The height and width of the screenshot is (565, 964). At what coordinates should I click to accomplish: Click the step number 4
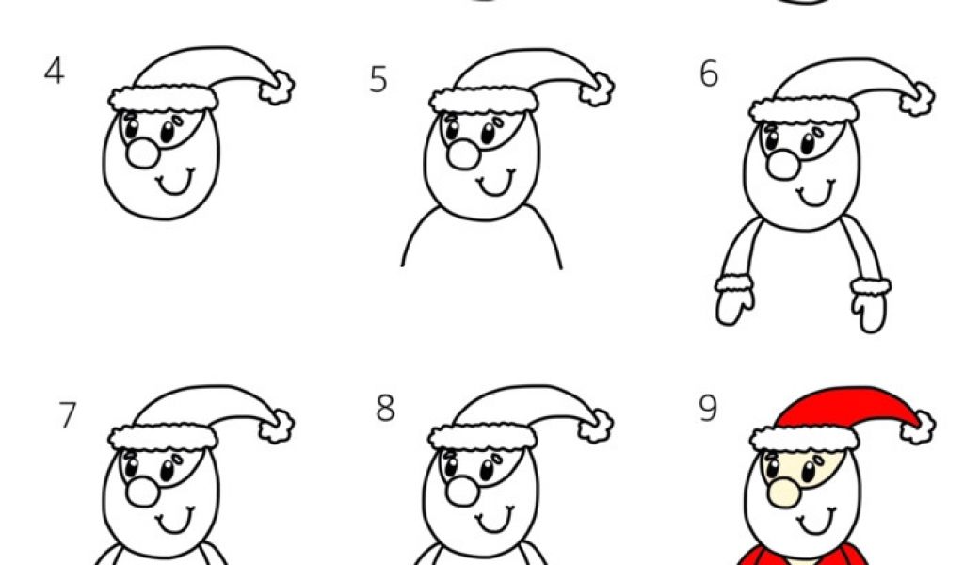(x=54, y=72)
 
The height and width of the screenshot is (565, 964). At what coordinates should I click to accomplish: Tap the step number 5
(x=378, y=80)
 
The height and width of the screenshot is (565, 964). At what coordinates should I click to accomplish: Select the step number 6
(x=709, y=74)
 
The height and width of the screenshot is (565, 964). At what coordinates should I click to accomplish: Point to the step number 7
(x=68, y=415)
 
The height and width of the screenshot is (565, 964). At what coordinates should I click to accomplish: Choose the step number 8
(x=385, y=408)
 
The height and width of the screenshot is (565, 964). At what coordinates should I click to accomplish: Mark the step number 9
(x=708, y=409)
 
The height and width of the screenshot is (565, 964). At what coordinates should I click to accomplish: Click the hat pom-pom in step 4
(x=276, y=88)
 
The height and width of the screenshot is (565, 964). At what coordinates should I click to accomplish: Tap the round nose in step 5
(x=463, y=153)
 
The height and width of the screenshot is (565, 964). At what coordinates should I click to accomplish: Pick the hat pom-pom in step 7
(x=276, y=425)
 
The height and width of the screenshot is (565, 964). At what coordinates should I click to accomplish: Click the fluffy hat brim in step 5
(x=484, y=100)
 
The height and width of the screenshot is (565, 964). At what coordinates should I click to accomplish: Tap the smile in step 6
(x=816, y=193)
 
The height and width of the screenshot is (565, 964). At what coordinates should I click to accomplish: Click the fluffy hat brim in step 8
(x=483, y=437)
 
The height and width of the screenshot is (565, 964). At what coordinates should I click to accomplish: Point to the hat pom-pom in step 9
(x=918, y=426)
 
